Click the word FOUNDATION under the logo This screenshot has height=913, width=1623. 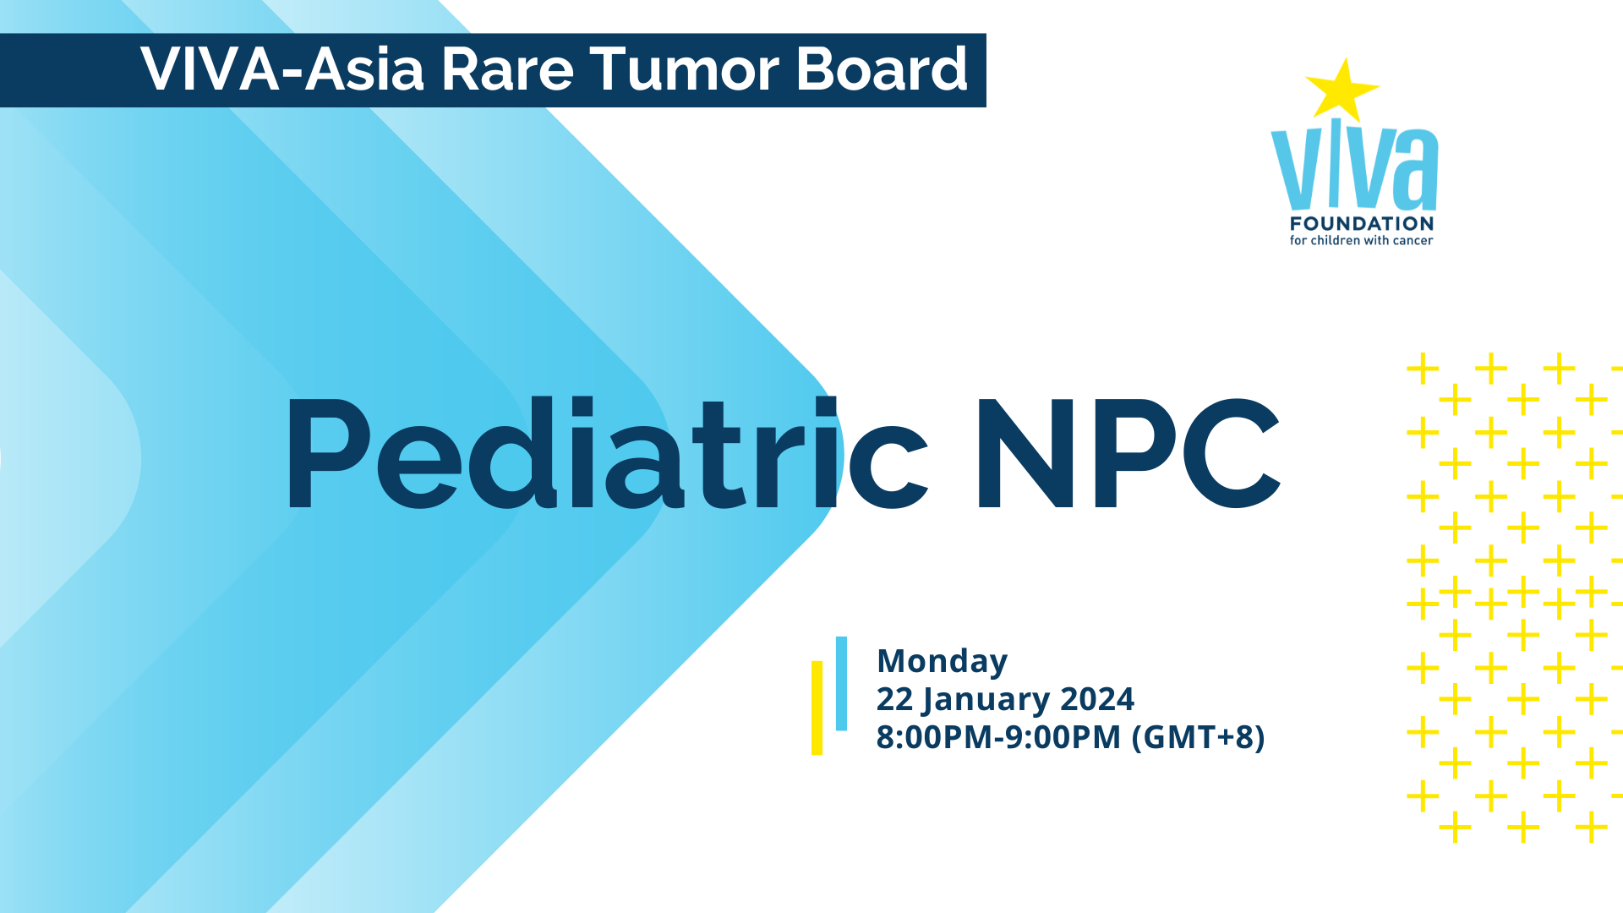pos(1362,224)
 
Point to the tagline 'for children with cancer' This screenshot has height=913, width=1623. pos(1361,241)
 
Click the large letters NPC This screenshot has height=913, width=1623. pos(1128,454)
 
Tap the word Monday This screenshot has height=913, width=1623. pos(942,662)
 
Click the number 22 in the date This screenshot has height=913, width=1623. pos(895,699)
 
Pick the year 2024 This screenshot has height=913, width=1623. pos(1097,699)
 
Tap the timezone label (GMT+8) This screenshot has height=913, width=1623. pos(1198,737)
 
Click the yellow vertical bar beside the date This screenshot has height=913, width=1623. pos(817,708)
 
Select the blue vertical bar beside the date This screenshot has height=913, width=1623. pos(841,683)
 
